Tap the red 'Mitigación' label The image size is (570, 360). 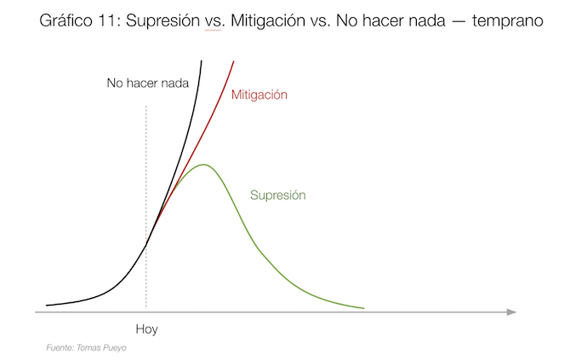259,95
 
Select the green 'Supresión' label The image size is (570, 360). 277,195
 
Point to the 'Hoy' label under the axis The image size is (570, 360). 147,329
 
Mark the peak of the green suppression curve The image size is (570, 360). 203,164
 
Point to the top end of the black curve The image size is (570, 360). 202,61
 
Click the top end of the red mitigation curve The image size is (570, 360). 234,60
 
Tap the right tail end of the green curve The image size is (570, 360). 364,307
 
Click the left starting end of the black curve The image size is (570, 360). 48,304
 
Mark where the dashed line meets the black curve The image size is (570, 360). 146,245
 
